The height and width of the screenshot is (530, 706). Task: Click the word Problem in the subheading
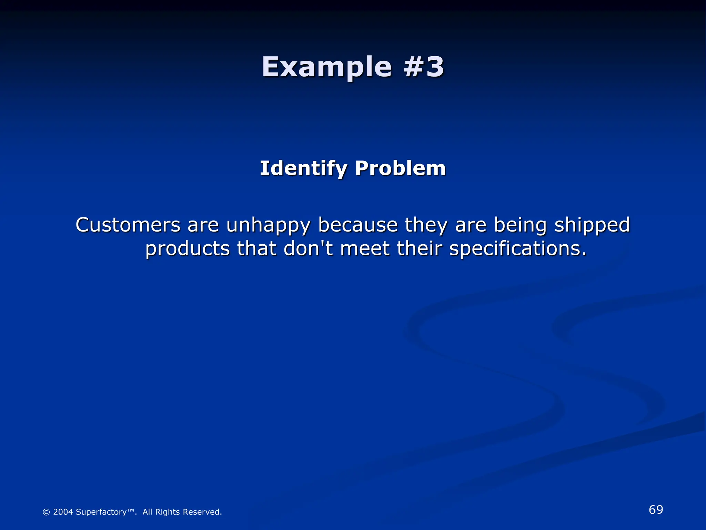point(400,168)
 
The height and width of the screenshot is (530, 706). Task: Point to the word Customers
point(128,225)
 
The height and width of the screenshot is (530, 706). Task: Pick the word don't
point(308,248)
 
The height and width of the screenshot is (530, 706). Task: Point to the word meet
point(365,248)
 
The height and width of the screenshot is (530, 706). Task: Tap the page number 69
point(656,510)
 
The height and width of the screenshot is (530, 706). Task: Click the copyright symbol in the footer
point(46,512)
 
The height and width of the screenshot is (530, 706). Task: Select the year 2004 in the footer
point(63,512)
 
